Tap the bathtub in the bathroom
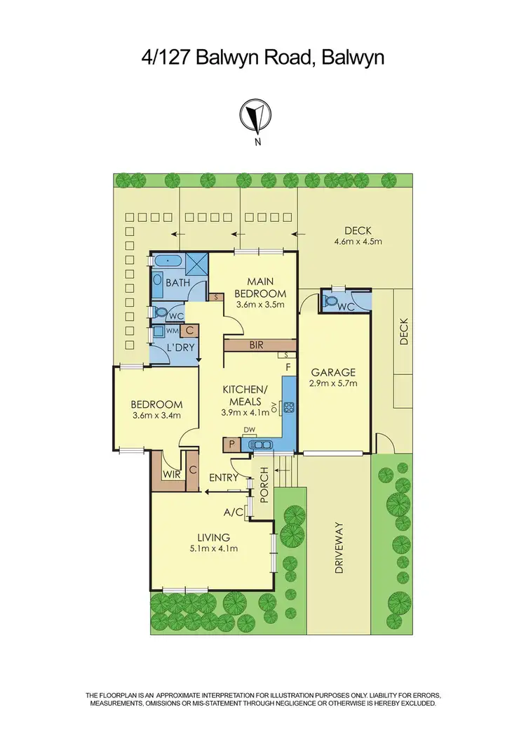point(168,262)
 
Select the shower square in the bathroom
point(196,263)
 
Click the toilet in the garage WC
point(331,302)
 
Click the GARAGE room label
point(334,372)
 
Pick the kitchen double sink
point(262,444)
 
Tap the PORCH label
point(264,484)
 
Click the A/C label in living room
point(234,513)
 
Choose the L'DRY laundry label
point(180,348)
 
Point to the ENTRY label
point(224,477)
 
